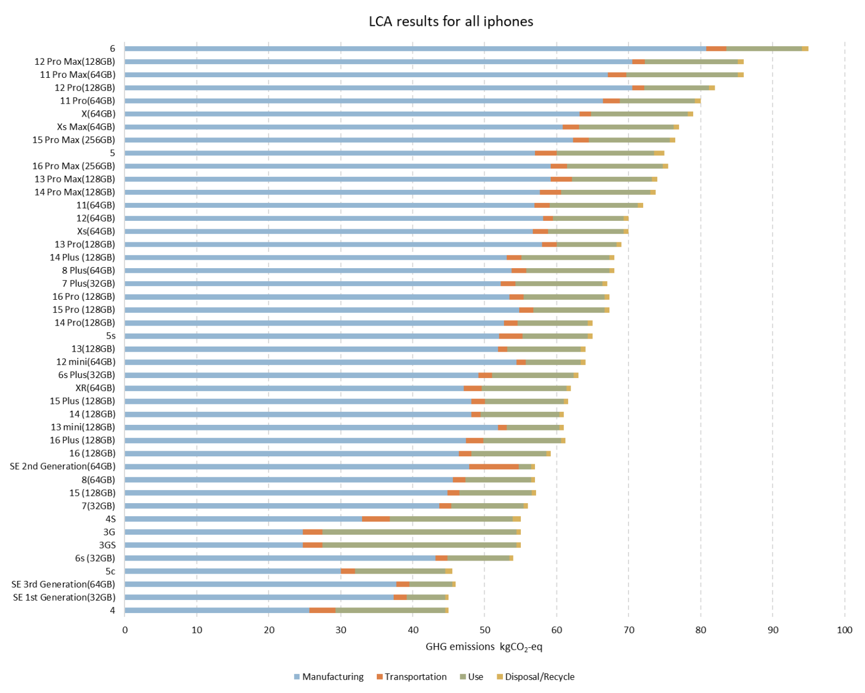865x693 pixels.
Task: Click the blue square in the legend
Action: tap(297, 677)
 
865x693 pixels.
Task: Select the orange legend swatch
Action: tap(380, 677)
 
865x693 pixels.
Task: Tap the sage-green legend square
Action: tap(463, 677)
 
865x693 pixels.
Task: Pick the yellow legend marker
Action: tap(500, 677)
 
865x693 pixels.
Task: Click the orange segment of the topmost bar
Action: tap(716, 49)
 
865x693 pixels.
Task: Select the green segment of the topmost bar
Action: tap(764, 49)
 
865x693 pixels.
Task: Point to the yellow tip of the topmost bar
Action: tap(805, 49)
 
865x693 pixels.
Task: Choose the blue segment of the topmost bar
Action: tap(415, 49)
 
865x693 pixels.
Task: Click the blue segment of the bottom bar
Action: tap(217, 610)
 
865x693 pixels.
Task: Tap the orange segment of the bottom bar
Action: tap(322, 610)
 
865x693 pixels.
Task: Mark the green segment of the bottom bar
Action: tap(390, 610)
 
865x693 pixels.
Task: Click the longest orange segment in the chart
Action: tap(494, 467)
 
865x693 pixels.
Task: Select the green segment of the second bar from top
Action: tap(691, 62)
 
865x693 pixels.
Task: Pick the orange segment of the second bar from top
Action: tap(639, 62)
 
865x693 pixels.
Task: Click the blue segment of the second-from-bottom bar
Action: tap(259, 597)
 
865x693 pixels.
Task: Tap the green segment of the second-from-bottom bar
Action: tap(426, 597)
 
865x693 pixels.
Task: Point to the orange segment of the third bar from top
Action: tap(617, 75)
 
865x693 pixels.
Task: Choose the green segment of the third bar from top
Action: tap(681, 75)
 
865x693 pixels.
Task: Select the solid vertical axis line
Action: tap(124, 338)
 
